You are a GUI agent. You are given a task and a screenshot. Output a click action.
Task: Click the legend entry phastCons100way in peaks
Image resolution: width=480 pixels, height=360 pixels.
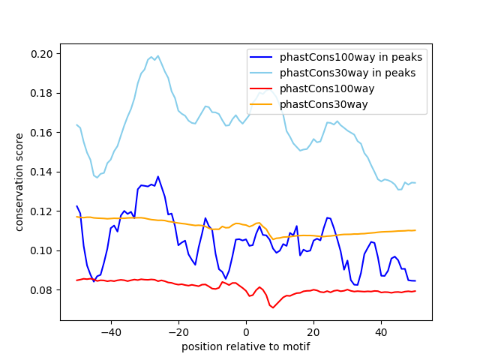point(351,57)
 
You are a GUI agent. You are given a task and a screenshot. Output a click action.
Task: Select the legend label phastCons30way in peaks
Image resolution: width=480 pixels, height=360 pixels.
point(348,73)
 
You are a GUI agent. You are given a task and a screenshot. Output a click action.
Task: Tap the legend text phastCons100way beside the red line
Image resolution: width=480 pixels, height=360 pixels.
point(327,88)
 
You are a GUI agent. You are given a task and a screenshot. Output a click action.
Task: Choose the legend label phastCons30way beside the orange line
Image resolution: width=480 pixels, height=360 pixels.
point(323,105)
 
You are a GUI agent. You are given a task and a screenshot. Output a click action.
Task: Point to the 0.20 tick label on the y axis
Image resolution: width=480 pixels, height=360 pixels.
point(42,54)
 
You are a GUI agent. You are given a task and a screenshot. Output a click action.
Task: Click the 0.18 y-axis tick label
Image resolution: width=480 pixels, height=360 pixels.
point(42,93)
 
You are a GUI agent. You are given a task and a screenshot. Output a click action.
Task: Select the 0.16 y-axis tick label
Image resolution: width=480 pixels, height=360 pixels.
point(42,133)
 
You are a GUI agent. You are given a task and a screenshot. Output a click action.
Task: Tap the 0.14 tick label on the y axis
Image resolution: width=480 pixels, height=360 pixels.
point(42,172)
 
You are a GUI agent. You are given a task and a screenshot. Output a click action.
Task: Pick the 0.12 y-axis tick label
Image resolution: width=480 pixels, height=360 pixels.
point(42,211)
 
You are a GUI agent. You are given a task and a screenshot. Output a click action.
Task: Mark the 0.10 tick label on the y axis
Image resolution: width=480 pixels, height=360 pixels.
point(42,251)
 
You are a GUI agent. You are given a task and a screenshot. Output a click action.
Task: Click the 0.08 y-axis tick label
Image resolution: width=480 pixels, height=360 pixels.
point(42,290)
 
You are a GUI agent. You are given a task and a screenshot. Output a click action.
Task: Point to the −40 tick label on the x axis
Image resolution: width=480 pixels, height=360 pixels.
point(111,332)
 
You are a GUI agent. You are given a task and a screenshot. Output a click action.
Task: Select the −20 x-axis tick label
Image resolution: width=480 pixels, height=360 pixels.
point(178,332)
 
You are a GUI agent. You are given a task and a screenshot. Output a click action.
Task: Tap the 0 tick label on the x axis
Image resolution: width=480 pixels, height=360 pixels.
point(246,332)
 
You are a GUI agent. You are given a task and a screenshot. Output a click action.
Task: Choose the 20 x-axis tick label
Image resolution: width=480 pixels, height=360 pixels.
point(313,332)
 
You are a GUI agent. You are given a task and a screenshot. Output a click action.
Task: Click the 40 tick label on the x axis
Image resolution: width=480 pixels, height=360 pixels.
point(382,332)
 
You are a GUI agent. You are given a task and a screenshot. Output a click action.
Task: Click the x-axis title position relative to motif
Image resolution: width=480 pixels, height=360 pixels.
point(246,346)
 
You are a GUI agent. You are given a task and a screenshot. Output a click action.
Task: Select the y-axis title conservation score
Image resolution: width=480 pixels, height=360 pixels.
point(19,182)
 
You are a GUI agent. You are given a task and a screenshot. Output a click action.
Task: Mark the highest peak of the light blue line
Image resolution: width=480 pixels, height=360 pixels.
point(158,55)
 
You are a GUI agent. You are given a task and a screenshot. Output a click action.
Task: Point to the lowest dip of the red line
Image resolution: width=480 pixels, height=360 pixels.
point(273,307)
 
